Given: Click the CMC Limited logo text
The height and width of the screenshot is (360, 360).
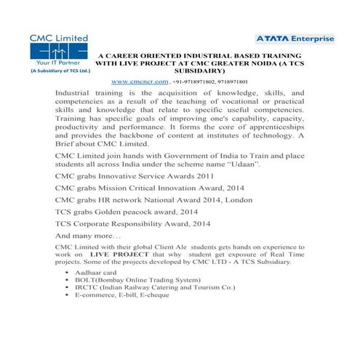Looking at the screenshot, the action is pyautogui.click(x=58, y=37).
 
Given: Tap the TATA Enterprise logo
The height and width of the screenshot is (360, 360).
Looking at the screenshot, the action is pyautogui.click(x=295, y=38).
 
